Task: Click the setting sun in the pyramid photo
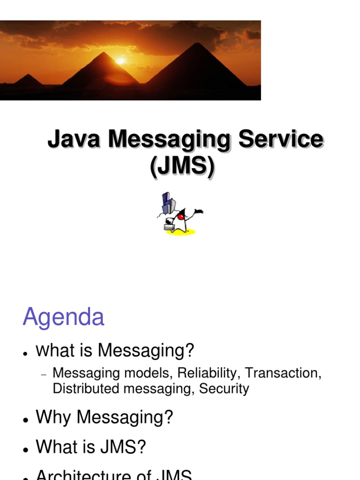121,60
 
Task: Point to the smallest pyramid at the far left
28,81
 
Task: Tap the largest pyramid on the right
197,68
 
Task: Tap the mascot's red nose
181,217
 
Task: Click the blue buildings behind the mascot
168,204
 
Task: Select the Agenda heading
63,317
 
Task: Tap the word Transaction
283,373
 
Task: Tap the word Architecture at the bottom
89,474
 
